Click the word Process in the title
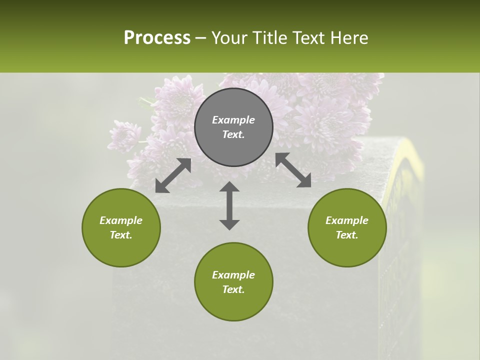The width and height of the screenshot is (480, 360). [157, 38]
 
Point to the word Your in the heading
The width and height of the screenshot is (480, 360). [228, 38]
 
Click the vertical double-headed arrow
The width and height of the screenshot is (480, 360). [229, 205]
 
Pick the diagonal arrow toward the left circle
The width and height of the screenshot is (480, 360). [173, 175]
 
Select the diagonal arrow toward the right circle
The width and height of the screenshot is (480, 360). [293, 170]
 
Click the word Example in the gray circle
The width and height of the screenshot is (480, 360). [233, 120]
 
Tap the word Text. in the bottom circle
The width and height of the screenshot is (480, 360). [233, 289]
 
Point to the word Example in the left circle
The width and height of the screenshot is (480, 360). [121, 220]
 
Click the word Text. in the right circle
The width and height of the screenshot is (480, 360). [347, 235]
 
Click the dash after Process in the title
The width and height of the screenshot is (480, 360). [201, 38]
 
